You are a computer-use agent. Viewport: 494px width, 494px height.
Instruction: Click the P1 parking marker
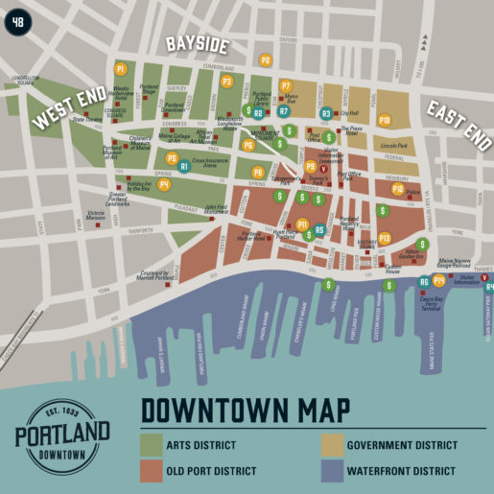click(x=120, y=69)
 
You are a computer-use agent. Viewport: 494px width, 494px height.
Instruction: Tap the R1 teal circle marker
click(x=184, y=166)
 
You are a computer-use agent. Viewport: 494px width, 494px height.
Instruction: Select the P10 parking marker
click(x=384, y=120)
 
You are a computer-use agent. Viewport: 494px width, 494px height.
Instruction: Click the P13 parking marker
click(x=385, y=237)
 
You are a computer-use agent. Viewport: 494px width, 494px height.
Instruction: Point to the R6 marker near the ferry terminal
click(x=424, y=282)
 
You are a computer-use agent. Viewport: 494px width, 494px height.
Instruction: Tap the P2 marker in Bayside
click(x=266, y=59)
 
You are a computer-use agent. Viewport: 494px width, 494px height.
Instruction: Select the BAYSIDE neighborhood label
click(x=197, y=45)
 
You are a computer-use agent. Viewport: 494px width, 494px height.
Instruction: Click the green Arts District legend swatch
click(x=153, y=444)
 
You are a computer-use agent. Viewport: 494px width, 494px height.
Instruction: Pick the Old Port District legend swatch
click(x=153, y=470)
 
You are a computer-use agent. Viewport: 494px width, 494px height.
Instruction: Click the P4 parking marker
click(x=164, y=184)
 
